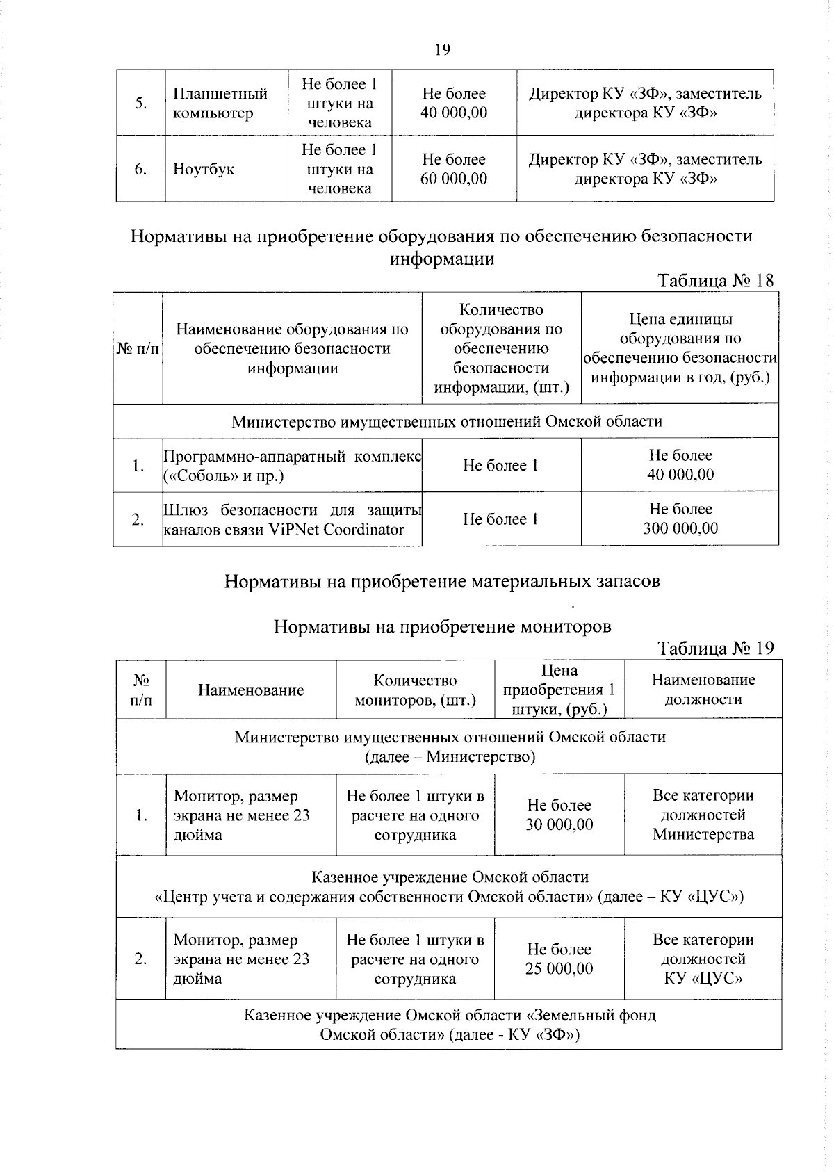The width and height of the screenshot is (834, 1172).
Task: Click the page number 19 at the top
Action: click(442, 49)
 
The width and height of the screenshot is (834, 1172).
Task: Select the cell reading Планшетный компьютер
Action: click(220, 103)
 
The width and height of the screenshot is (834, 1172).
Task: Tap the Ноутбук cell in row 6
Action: click(204, 169)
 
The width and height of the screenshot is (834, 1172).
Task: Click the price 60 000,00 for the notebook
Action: click(454, 179)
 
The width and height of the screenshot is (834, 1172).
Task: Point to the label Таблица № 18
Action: click(715, 280)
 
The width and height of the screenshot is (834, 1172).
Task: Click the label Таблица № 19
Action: click(715, 648)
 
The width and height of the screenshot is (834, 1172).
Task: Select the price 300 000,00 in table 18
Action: click(680, 528)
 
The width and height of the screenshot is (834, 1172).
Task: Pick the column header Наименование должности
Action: click(703, 690)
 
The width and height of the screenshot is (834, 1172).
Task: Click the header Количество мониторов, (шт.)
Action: click(415, 690)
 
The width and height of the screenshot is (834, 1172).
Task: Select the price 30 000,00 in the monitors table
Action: click(559, 824)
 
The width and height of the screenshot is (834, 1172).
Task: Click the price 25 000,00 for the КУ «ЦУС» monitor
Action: click(559, 968)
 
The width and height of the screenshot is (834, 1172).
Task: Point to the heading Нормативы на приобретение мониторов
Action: click(442, 626)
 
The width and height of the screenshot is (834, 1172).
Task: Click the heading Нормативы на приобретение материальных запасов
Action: click(442, 581)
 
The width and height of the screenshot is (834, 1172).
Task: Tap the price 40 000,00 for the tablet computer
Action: click(454, 113)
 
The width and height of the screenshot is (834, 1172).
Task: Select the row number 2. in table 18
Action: click(138, 519)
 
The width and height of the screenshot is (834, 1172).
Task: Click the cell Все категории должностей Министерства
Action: click(703, 814)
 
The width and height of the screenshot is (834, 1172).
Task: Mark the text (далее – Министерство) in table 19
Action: click(450, 756)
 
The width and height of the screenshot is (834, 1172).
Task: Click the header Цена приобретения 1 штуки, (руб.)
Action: click(559, 690)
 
